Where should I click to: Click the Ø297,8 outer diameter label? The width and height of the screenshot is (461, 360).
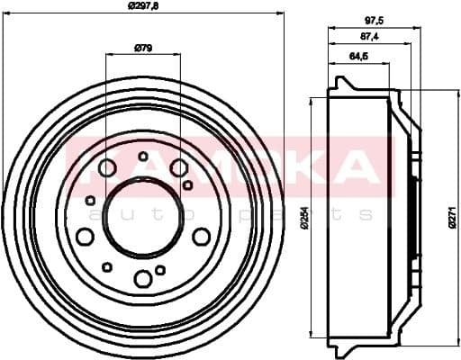(x=142, y=6)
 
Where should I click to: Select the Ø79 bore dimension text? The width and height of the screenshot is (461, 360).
(x=142, y=47)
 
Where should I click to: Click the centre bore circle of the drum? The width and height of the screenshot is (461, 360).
(x=142, y=217)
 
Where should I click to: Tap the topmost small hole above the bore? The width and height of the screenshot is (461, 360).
(x=143, y=157)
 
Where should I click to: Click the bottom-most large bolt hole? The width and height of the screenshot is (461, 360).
(x=142, y=278)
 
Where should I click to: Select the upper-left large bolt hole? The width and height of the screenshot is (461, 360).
(x=107, y=167)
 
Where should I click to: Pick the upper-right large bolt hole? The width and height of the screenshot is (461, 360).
(x=178, y=167)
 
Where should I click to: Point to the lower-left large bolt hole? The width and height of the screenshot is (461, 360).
(x=85, y=236)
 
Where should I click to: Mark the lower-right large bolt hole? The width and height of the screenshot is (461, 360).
(x=201, y=236)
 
